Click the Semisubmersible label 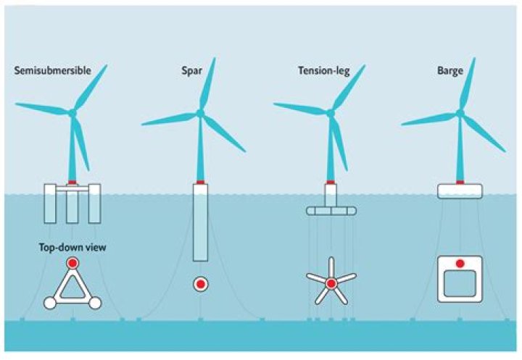click(53, 70)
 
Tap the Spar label click(191, 71)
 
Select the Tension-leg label click(323, 71)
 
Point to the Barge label click(450, 71)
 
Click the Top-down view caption click(72, 248)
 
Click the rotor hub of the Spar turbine click(200, 113)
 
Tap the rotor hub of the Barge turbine click(460, 113)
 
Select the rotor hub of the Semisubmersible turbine click(72, 114)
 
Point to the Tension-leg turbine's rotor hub click(331, 114)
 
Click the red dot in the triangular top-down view click(72, 263)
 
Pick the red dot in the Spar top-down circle click(200, 284)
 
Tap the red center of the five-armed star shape click(331, 284)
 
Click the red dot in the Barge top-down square click(460, 264)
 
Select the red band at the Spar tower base click(200, 183)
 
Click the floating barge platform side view click(460, 191)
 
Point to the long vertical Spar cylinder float click(200, 222)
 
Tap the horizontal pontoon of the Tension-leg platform click(331, 211)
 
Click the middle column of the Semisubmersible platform click(72, 207)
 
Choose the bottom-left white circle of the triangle click(50, 303)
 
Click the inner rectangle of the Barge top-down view click(460, 283)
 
